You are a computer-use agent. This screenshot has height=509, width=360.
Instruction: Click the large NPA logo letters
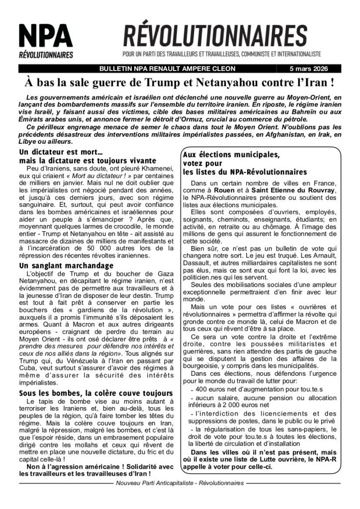click(46, 36)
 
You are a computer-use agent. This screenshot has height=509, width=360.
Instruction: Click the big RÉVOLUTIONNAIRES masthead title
click(215, 35)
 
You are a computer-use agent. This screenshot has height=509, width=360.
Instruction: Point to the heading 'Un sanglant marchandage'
click(66, 266)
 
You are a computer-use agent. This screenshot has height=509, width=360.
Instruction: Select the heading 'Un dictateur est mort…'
click(61, 151)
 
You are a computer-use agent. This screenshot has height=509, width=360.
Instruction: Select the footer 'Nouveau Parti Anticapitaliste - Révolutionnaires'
click(180, 483)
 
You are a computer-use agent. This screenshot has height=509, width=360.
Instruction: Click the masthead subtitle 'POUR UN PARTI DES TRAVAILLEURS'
click(222, 54)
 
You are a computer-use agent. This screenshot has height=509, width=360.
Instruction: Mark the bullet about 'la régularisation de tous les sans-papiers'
click(264, 429)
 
